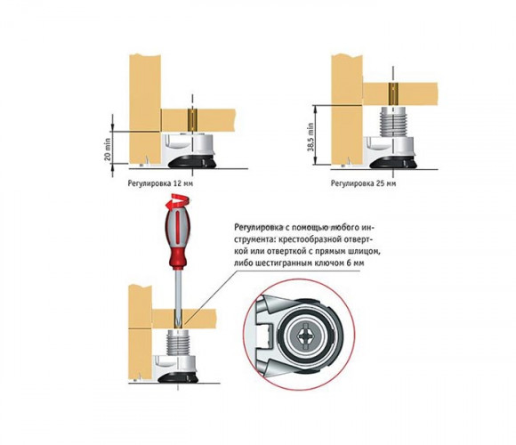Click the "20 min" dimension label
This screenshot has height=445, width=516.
pyautogui.click(x=108, y=150)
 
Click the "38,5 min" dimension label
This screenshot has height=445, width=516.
pyautogui.click(x=310, y=137)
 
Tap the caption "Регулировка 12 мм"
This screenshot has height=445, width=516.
pyautogui.click(x=160, y=183)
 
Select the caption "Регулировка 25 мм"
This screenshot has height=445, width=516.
pyautogui.click(x=363, y=183)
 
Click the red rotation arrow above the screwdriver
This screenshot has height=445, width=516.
pyautogui.click(x=177, y=201)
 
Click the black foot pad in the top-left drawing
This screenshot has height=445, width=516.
pyautogui.click(x=192, y=162)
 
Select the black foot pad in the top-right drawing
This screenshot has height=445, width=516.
pyautogui.click(x=393, y=163)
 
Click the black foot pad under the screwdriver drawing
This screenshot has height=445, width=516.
pyautogui.click(x=178, y=378)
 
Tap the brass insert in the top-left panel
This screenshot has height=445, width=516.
pyautogui.click(x=192, y=120)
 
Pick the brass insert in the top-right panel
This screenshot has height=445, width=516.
pyautogui.click(x=393, y=93)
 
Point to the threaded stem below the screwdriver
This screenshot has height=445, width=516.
pyautogui.click(x=178, y=343)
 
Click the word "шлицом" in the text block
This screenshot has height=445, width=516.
pyautogui.click(x=367, y=252)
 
